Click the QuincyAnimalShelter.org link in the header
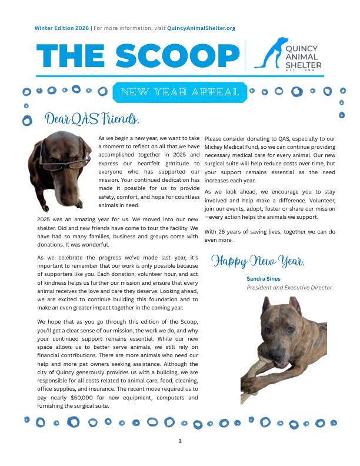(201, 28)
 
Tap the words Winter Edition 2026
(61, 28)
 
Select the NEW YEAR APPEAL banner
(179, 92)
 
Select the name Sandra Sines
(264, 278)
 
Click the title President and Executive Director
(289, 288)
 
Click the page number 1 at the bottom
(180, 441)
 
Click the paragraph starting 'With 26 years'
(270, 236)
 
